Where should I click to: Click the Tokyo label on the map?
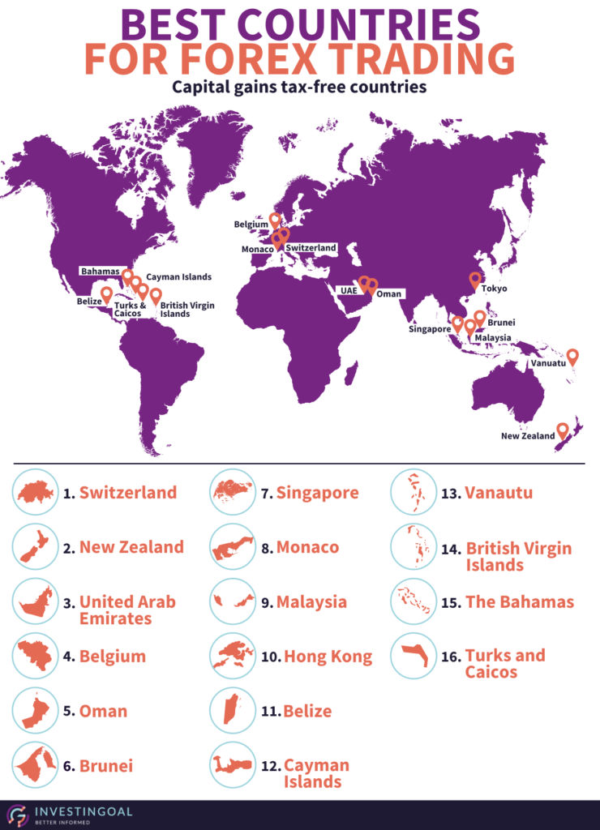(495, 288)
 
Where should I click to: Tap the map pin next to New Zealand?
(562, 430)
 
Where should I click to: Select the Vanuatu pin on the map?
(572, 356)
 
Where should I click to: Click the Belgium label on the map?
(251, 225)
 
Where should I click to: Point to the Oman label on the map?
(388, 293)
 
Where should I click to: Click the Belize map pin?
(106, 293)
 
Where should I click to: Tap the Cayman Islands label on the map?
(178, 277)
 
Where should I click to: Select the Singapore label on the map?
(429, 330)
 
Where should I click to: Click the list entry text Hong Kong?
(328, 657)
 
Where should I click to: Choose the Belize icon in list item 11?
(232, 711)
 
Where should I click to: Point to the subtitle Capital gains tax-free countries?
(299, 87)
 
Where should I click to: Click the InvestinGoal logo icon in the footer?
(17, 814)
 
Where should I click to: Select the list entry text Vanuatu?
(499, 492)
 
